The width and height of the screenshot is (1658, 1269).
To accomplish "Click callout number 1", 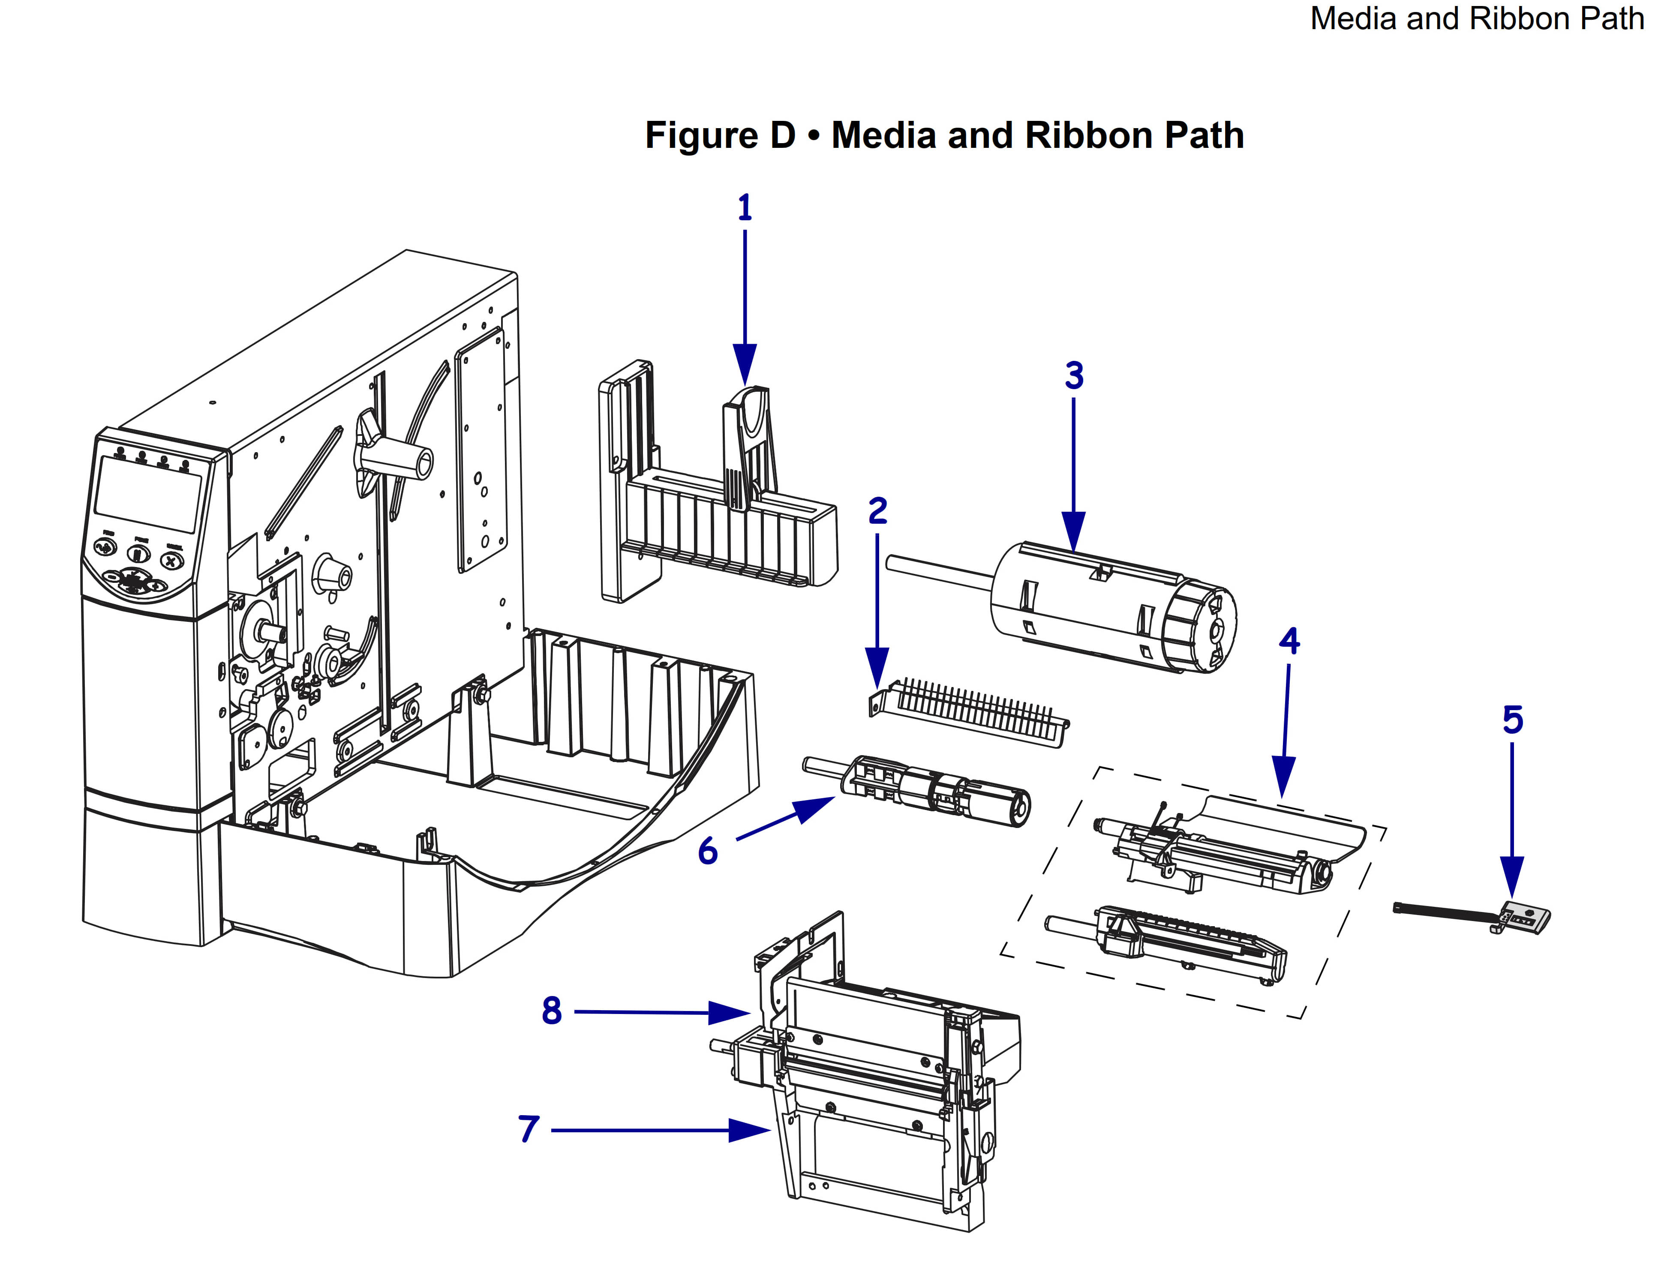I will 745,207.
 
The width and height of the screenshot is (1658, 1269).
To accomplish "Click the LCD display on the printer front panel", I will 147,494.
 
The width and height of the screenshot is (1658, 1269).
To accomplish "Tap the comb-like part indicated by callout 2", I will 974,710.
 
